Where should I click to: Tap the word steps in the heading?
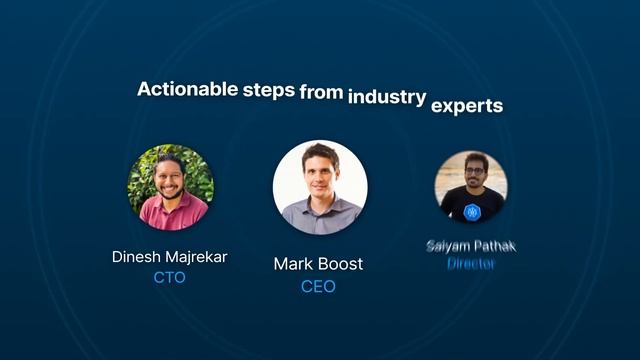(268, 89)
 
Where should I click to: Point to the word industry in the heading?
(386, 98)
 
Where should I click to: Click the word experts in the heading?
(466, 104)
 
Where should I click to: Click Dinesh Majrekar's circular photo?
(170, 187)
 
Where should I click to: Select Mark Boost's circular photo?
(320, 187)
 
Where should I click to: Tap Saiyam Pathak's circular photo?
(471, 187)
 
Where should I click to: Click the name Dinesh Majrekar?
(169, 257)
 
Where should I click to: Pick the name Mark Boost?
(318, 265)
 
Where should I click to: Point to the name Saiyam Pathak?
(471, 246)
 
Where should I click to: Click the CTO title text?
(169, 278)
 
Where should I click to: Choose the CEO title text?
(318, 287)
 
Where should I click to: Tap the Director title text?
(471, 264)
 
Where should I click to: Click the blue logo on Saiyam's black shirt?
(472, 211)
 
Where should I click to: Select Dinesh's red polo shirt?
(172, 213)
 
